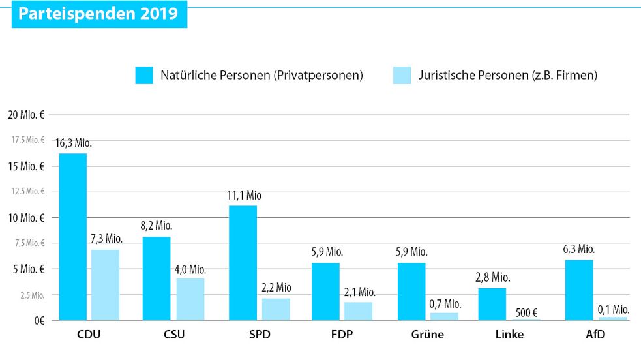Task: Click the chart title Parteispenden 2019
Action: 98,14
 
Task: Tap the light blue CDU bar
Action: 105,285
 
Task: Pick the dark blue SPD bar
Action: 243,263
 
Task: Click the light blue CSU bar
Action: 190,299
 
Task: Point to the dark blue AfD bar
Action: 579,290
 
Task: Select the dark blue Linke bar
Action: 492,304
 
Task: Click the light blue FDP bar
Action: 359,311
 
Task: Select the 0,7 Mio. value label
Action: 444,303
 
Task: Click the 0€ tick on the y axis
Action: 38,321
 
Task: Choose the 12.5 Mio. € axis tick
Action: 27,192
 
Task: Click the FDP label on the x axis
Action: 342,336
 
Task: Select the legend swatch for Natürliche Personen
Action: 143,75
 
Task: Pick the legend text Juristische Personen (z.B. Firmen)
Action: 508,75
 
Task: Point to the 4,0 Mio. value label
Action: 190,269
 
